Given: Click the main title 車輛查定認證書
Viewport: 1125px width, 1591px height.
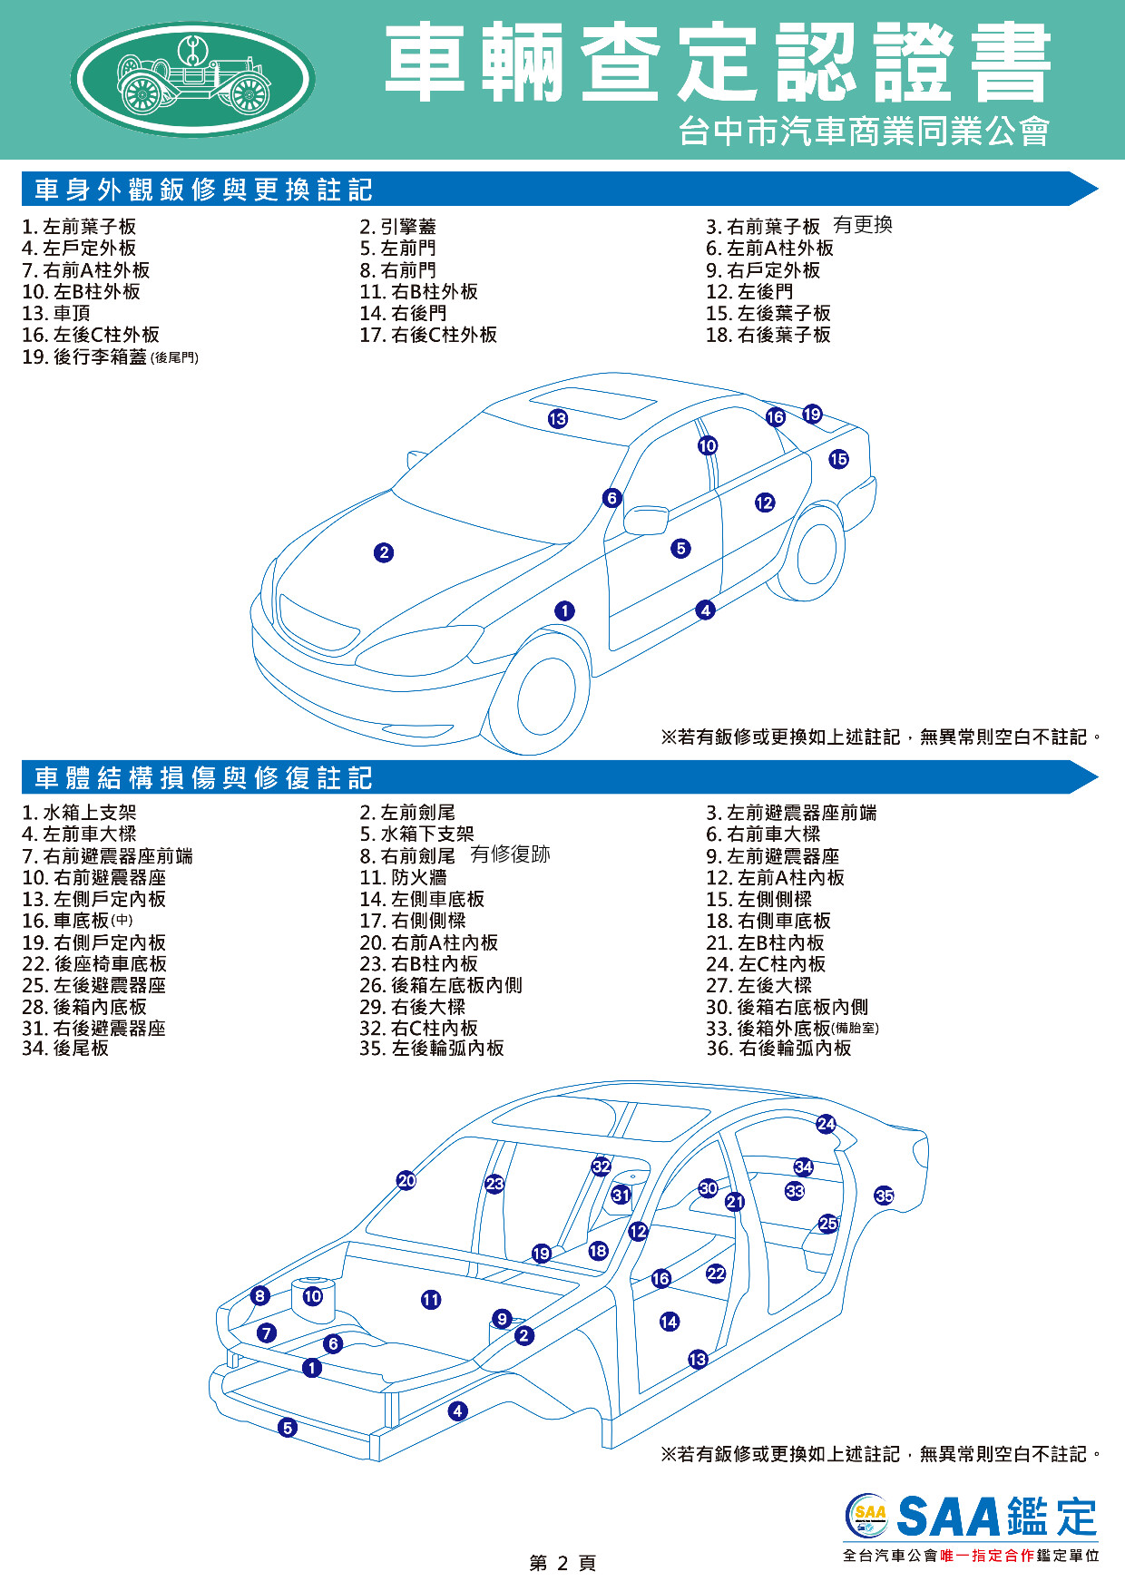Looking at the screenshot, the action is coord(718,63).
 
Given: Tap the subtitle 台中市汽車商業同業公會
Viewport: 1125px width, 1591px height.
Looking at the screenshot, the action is coord(864,132).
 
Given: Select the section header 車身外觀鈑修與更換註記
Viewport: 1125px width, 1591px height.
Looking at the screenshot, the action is coord(203,190).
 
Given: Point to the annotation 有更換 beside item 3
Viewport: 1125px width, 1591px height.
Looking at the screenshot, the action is coord(863,225).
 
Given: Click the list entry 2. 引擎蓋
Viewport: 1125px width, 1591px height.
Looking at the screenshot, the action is coord(397,227).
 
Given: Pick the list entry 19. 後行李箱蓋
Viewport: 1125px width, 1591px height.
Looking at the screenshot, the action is coord(110,356).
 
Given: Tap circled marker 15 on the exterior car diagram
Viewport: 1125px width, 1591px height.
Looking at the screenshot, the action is coord(838,459).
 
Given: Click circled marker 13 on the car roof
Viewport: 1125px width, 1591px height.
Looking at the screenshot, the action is coord(558,418).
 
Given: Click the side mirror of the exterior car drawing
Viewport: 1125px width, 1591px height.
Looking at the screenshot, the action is coord(646,520).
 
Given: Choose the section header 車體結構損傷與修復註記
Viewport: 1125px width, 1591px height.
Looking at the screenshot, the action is coord(203,777).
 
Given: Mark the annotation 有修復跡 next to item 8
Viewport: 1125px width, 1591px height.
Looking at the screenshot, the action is coord(510,854).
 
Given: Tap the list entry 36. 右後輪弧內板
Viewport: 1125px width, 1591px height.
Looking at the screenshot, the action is coord(778,1049).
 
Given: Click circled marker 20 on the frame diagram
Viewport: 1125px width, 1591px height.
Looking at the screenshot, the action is coord(406,1180).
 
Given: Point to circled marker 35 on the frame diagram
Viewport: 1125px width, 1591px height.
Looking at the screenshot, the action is coord(885,1196).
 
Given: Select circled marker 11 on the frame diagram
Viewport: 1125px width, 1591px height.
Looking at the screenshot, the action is coord(431,1300).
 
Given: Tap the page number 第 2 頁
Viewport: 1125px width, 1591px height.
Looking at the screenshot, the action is coord(562,1563).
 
